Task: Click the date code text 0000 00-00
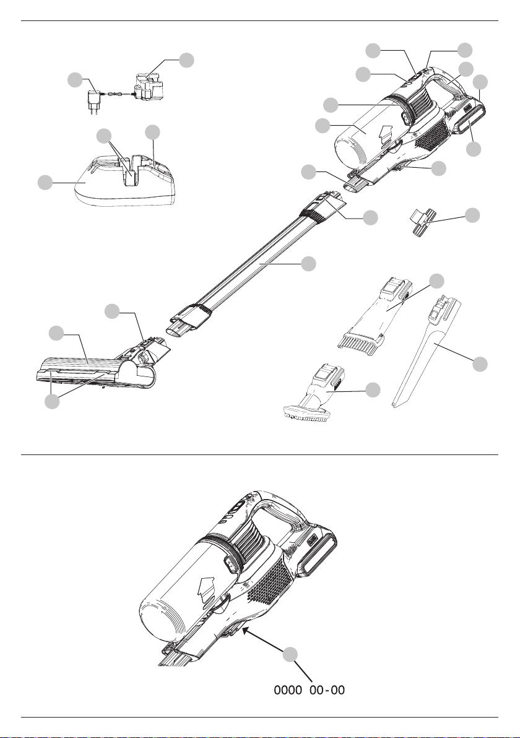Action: point(310,690)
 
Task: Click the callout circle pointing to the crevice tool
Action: point(480,365)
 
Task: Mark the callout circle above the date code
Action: point(291,656)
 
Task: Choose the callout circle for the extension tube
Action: point(308,264)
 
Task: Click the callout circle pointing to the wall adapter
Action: point(74,79)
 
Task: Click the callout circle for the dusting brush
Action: point(373,389)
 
